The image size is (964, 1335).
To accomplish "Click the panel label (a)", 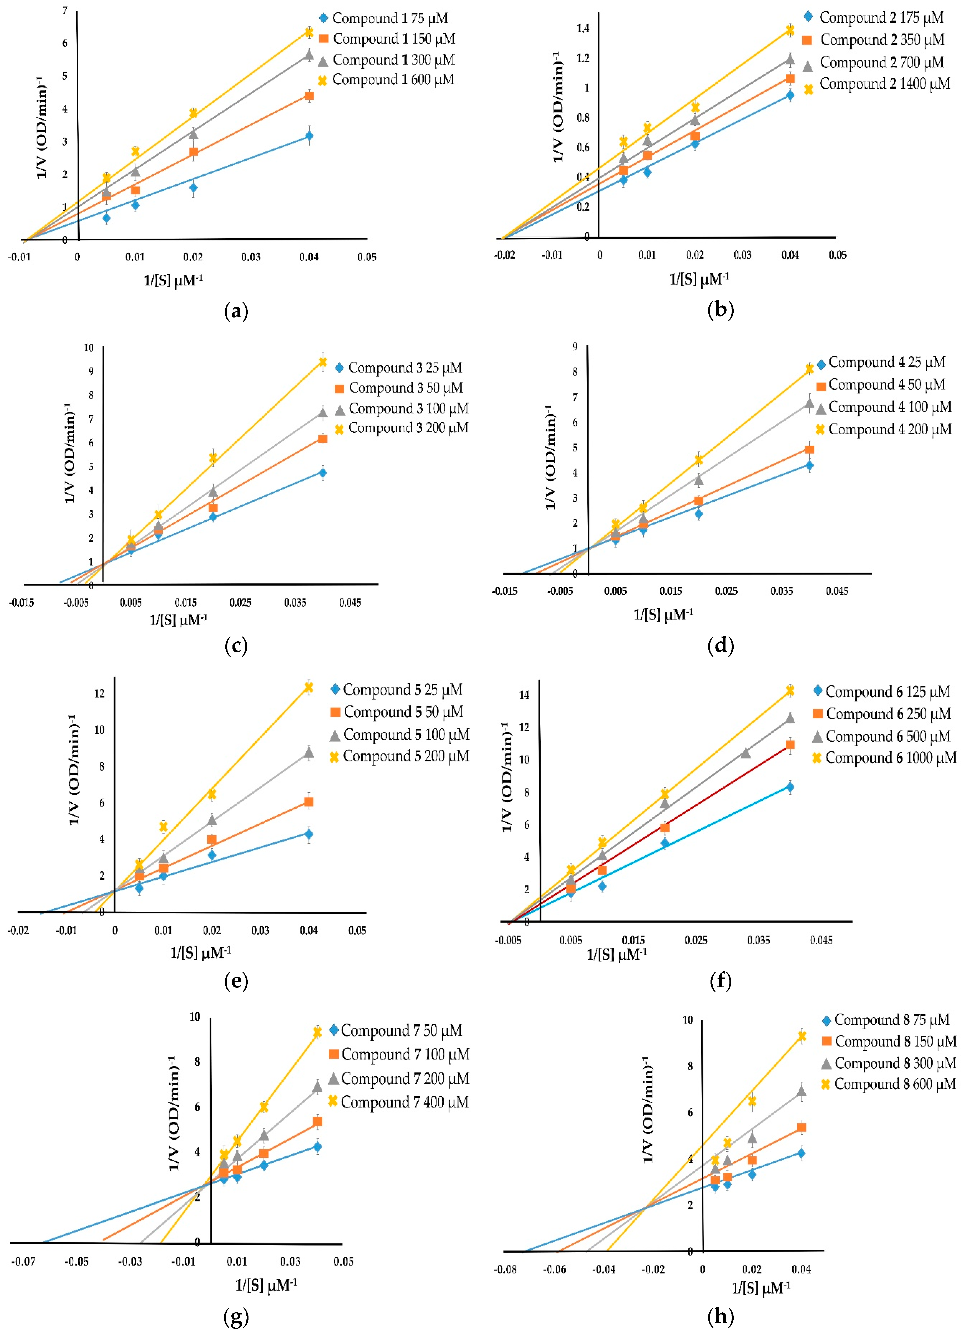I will [x=236, y=310].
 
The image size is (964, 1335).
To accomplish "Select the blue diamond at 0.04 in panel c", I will [x=322, y=473].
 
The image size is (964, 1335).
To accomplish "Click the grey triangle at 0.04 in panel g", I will [x=317, y=1087].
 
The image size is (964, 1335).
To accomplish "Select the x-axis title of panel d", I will [x=663, y=614].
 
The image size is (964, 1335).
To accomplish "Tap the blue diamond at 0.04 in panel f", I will [x=790, y=787].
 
